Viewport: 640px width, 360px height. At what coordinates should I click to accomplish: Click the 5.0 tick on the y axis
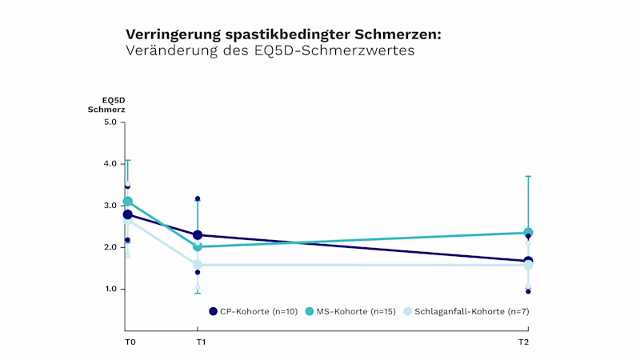pyautogui.click(x=110, y=122)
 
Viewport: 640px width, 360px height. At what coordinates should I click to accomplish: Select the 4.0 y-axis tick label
pyautogui.click(x=110, y=164)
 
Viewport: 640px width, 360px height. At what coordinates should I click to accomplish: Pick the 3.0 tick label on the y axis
pyautogui.click(x=110, y=206)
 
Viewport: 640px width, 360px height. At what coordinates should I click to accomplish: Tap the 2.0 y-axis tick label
pyautogui.click(x=110, y=247)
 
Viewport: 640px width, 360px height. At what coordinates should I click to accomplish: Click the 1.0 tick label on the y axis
pyautogui.click(x=110, y=289)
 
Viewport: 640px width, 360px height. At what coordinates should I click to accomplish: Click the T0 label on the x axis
pyautogui.click(x=130, y=342)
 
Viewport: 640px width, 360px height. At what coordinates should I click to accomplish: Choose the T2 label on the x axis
pyautogui.click(x=523, y=342)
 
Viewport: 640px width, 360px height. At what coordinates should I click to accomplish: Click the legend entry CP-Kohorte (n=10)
pyautogui.click(x=251, y=311)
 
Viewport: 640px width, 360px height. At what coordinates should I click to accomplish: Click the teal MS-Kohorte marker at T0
pyautogui.click(x=127, y=202)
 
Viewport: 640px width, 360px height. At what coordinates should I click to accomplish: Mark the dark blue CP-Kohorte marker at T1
pyautogui.click(x=198, y=235)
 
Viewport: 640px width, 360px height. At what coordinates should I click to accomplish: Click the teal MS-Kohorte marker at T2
pyautogui.click(x=528, y=233)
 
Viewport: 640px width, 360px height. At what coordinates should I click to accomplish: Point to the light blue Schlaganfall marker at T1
pyautogui.click(x=198, y=264)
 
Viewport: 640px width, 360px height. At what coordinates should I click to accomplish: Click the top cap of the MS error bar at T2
pyautogui.click(x=528, y=176)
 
